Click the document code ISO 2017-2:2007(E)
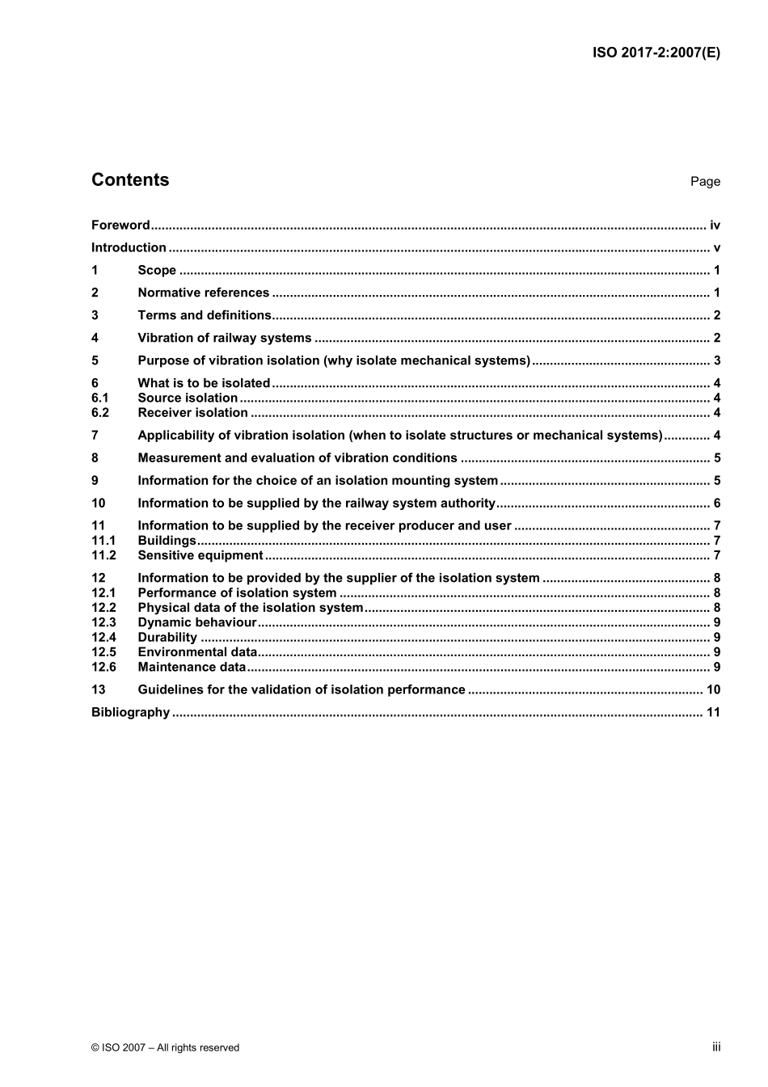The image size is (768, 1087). point(656,53)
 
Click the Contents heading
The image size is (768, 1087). point(130,180)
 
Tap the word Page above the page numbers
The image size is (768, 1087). point(705,182)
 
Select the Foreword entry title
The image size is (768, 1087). point(120,225)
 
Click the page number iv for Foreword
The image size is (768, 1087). point(715,225)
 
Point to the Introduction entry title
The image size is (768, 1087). point(129,248)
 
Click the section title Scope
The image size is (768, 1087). point(157,271)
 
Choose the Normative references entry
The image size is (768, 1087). point(203,293)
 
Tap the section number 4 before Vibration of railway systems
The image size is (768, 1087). point(95,339)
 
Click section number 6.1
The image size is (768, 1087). point(99,398)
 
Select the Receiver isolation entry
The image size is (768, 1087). point(192,413)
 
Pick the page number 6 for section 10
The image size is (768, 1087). point(717,503)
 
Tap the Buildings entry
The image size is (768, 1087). point(167,541)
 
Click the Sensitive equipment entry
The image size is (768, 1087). point(200,556)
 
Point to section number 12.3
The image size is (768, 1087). point(103,623)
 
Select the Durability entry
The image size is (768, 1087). point(167,638)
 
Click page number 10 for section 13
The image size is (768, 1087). point(713,690)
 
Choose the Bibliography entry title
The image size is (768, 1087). point(130,713)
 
